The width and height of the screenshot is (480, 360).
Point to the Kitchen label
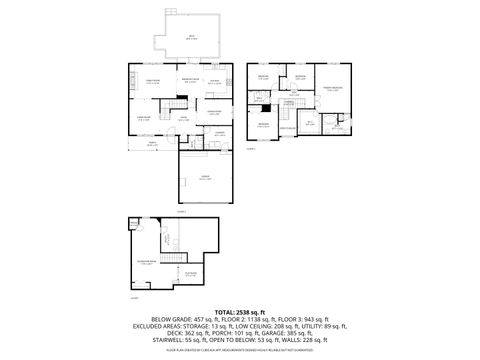click(x=215, y=81)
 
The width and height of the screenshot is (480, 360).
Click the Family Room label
click(x=153, y=81)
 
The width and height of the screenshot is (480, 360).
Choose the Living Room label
click(x=144, y=118)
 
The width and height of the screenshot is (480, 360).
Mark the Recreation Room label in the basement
click(x=146, y=263)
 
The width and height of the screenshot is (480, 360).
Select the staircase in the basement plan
click(x=165, y=239)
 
